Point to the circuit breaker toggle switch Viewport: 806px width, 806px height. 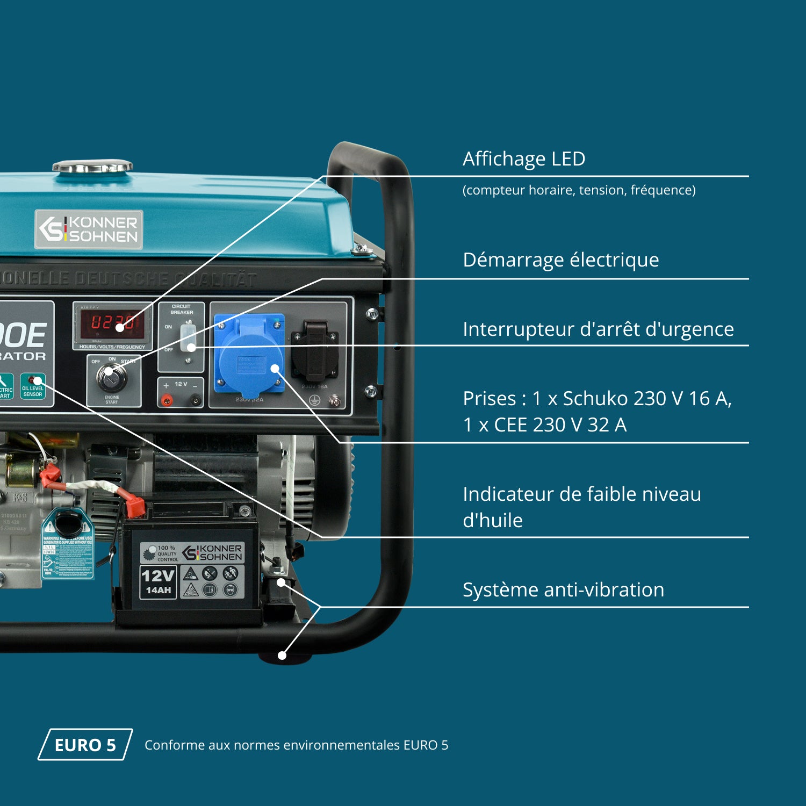(188, 337)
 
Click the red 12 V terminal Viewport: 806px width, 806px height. (167, 400)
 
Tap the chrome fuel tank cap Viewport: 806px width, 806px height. (92, 167)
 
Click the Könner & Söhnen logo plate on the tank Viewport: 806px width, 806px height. (89, 229)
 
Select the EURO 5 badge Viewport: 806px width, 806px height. (85, 745)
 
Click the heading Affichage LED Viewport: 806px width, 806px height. (524, 159)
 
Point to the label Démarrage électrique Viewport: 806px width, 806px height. (560, 260)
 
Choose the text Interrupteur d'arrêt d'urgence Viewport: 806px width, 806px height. (598, 329)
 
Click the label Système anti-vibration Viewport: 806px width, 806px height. (563, 590)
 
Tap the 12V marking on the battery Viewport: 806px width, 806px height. (158, 575)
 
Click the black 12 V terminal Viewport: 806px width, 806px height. (196, 400)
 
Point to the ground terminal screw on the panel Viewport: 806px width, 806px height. (334, 400)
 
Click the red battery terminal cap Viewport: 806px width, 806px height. (135, 505)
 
